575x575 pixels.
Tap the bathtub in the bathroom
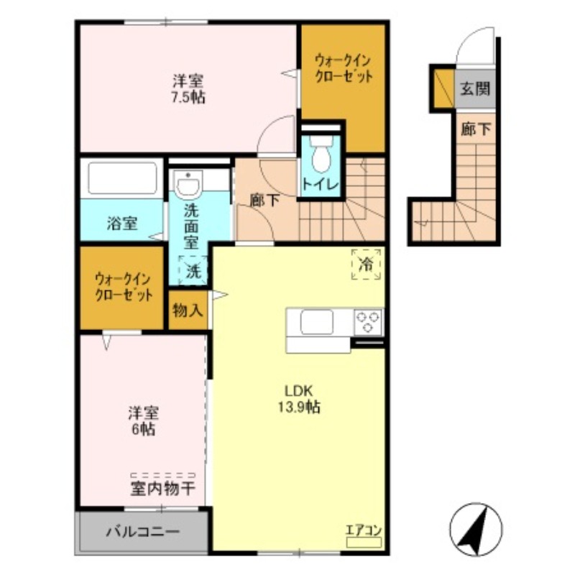pyautogui.click(x=121, y=179)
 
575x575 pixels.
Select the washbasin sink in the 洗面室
pyautogui.click(x=189, y=185)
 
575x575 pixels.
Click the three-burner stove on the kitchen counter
pyautogui.click(x=368, y=321)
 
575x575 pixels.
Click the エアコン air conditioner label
pyautogui.click(x=364, y=532)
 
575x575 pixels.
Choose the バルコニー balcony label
pyautogui.click(x=143, y=533)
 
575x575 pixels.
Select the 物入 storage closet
pyautogui.click(x=188, y=310)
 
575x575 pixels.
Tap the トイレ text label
pyautogui.click(x=320, y=184)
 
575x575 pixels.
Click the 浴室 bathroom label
pyautogui.click(x=122, y=224)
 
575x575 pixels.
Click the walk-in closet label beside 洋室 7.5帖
pyautogui.click(x=343, y=68)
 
